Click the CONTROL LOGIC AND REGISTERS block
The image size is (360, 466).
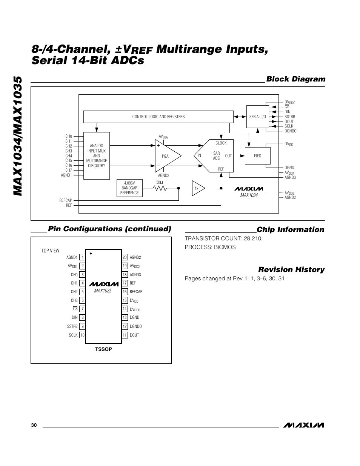click(x=158, y=117)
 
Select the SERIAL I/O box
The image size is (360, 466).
click(x=257, y=117)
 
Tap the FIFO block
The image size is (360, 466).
click(x=257, y=156)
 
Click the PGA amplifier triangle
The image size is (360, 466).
click(x=166, y=156)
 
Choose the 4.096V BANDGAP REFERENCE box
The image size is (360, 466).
click(x=129, y=188)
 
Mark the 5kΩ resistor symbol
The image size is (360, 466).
click(x=160, y=188)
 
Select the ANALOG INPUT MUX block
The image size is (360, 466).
click(x=97, y=155)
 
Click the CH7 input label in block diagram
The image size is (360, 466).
click(x=68, y=170)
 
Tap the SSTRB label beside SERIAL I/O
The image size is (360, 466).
click(x=289, y=117)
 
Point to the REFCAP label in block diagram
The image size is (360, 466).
click(x=66, y=200)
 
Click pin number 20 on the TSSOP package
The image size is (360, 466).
click(x=125, y=257)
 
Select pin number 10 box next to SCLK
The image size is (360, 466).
click(x=82, y=335)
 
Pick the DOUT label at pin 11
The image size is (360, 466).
click(x=134, y=335)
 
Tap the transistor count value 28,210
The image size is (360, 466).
click(x=251, y=238)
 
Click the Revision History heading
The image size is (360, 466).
click(x=291, y=269)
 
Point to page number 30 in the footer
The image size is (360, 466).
click(x=34, y=425)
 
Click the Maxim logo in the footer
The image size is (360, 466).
click(x=304, y=425)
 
